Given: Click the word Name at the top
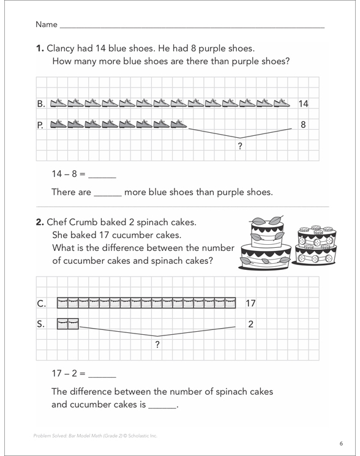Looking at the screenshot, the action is click(47, 24).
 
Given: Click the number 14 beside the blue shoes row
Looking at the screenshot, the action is click(303, 103).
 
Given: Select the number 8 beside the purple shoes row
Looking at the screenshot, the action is click(303, 125).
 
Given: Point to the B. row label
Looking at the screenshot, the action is click(41, 103).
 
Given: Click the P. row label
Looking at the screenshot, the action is click(40, 125).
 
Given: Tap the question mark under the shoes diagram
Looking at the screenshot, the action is click(240, 146).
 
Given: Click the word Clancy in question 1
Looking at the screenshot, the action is click(61, 48).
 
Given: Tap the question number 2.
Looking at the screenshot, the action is click(40, 222).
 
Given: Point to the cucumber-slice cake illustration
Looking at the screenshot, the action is click(315, 245).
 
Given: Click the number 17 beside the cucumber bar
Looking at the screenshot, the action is click(250, 304).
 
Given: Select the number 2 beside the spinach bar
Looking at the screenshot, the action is click(250, 324).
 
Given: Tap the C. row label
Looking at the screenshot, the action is click(41, 304).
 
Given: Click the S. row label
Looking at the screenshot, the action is click(40, 324).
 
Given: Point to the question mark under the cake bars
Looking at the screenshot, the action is click(157, 345).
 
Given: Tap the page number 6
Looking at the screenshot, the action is click(341, 444).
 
